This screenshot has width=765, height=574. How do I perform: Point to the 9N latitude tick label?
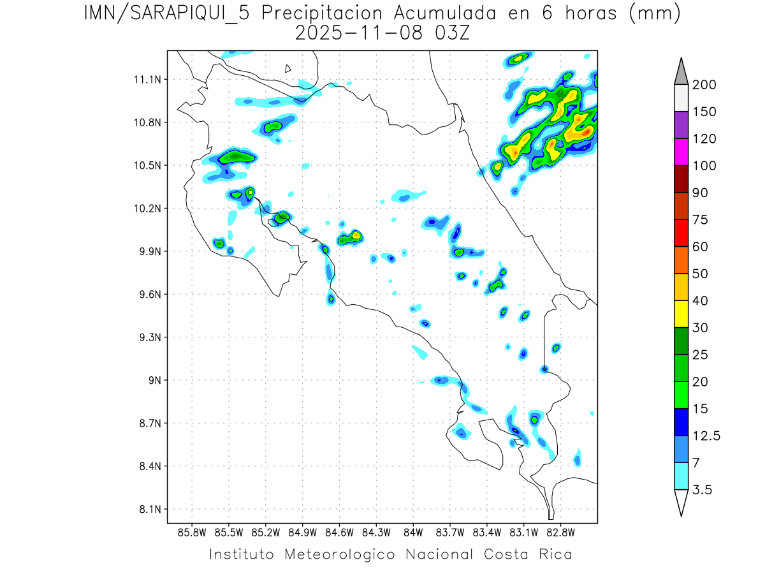(153, 380)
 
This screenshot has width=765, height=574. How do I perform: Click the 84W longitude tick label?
(413, 532)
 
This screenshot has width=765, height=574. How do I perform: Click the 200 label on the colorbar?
(703, 85)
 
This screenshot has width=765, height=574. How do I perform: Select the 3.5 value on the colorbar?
(702, 490)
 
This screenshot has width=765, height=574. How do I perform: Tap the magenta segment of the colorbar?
(680, 152)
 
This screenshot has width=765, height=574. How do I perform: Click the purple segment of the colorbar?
(680, 125)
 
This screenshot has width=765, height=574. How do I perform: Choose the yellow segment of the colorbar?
(680, 313)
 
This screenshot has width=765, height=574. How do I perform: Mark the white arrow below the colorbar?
(680, 502)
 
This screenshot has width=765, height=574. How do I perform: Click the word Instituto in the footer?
(242, 554)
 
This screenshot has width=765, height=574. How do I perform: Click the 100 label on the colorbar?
(703, 166)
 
